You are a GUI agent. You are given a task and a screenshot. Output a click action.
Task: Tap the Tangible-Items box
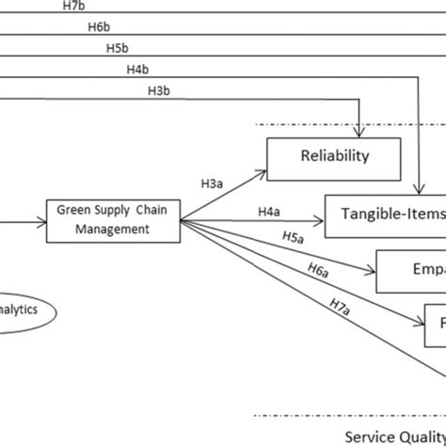385,215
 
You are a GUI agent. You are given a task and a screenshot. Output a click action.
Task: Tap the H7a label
339,306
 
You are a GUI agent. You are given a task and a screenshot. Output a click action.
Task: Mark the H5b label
117,48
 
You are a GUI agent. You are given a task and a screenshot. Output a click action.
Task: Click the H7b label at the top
74,8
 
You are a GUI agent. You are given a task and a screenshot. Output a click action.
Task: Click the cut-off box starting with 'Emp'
410,271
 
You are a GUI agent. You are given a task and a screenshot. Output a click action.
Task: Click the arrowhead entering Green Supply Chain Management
41,222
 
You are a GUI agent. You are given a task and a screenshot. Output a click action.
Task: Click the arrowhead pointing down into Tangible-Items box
418,191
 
